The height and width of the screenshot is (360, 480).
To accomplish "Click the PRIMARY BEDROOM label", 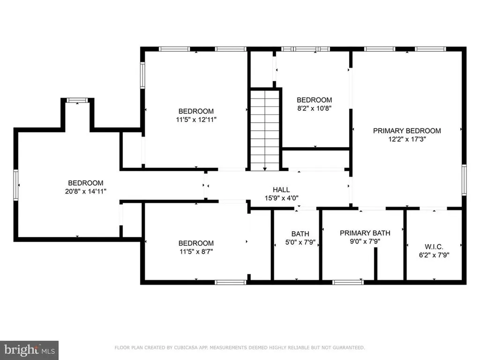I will (x=407, y=131).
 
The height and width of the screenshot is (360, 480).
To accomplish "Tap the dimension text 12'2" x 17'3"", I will (x=407, y=139).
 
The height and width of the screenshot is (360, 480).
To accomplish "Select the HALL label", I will (x=281, y=189).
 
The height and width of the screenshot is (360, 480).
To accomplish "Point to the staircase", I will (x=265, y=130).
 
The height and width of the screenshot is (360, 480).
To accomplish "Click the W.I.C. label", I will (x=434, y=247).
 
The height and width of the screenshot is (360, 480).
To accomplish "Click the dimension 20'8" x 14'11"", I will (x=86, y=191).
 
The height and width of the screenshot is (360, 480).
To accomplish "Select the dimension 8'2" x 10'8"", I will (x=314, y=108).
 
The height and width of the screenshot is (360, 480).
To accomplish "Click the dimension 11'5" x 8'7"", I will (x=196, y=251).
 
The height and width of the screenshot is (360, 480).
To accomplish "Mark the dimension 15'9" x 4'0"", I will (x=281, y=197).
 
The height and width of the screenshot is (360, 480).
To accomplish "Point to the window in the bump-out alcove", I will (x=77, y=100).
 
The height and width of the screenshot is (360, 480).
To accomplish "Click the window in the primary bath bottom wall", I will (x=348, y=282).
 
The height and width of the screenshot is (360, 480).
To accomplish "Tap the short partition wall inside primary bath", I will (x=375, y=264).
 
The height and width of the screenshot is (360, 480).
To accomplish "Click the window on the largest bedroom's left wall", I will (x=16, y=185).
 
